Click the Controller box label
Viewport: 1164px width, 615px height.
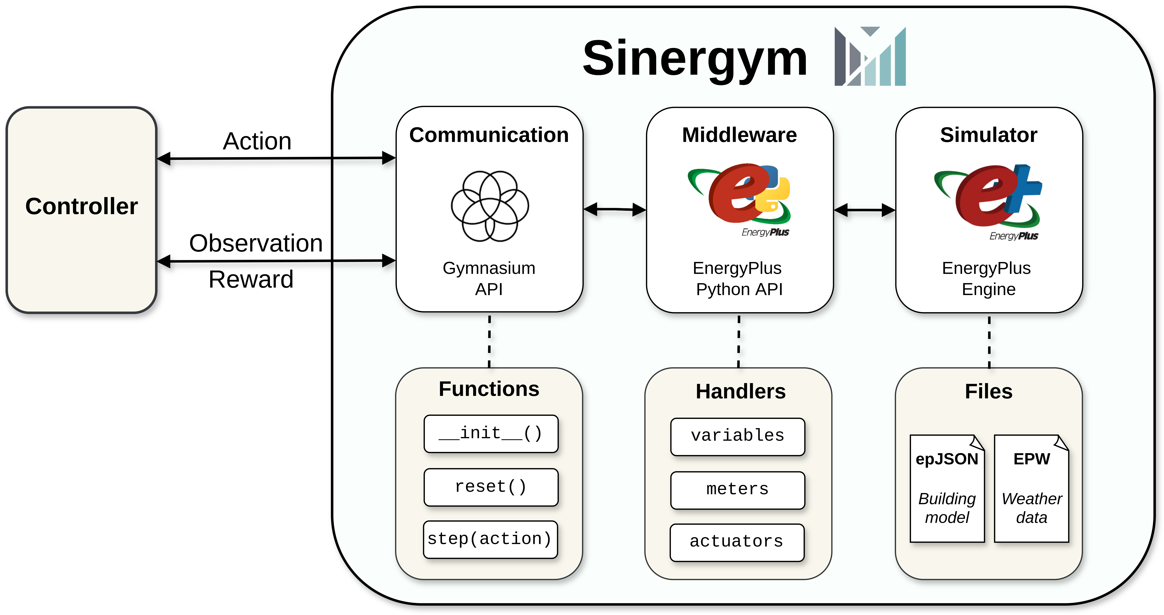pyautogui.click(x=81, y=206)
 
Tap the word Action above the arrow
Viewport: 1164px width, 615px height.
pyautogui.click(x=257, y=141)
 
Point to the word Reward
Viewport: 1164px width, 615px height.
pyautogui.click(x=251, y=279)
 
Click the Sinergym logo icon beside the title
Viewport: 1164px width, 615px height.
pyautogui.click(x=870, y=56)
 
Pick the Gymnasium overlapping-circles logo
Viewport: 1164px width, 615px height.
pyautogui.click(x=490, y=206)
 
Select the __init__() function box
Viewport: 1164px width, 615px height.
pyautogui.click(x=491, y=433)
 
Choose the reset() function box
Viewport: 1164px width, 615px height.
pyautogui.click(x=491, y=487)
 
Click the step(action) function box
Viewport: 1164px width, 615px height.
pyautogui.click(x=490, y=539)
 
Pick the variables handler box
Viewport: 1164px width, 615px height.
pyautogui.click(x=737, y=436)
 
